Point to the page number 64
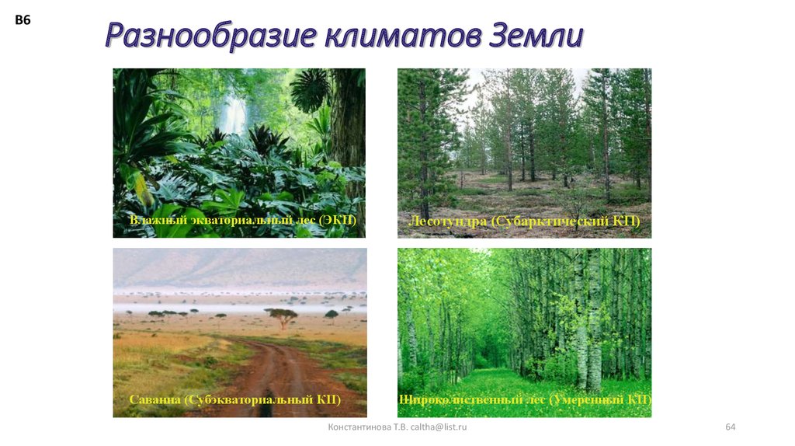(730, 427)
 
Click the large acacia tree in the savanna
(280, 315)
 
